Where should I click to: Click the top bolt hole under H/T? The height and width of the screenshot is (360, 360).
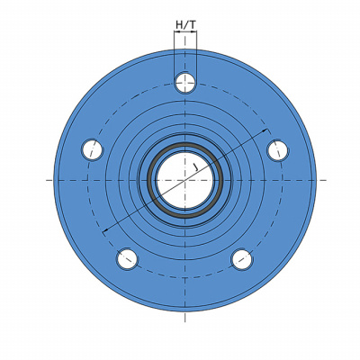(185, 83)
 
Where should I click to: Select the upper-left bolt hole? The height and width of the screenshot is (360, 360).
(93, 149)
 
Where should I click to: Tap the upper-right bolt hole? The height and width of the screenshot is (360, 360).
(277, 150)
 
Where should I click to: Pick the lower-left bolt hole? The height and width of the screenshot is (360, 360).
(128, 259)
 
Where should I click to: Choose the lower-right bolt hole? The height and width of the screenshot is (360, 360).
(242, 259)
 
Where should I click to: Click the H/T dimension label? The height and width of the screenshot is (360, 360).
(185, 25)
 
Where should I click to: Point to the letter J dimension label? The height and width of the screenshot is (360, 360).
(195, 167)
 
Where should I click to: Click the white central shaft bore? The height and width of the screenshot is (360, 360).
(185, 180)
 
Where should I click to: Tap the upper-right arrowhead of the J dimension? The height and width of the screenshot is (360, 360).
(265, 130)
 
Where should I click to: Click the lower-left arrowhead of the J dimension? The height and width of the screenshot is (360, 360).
(105, 230)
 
